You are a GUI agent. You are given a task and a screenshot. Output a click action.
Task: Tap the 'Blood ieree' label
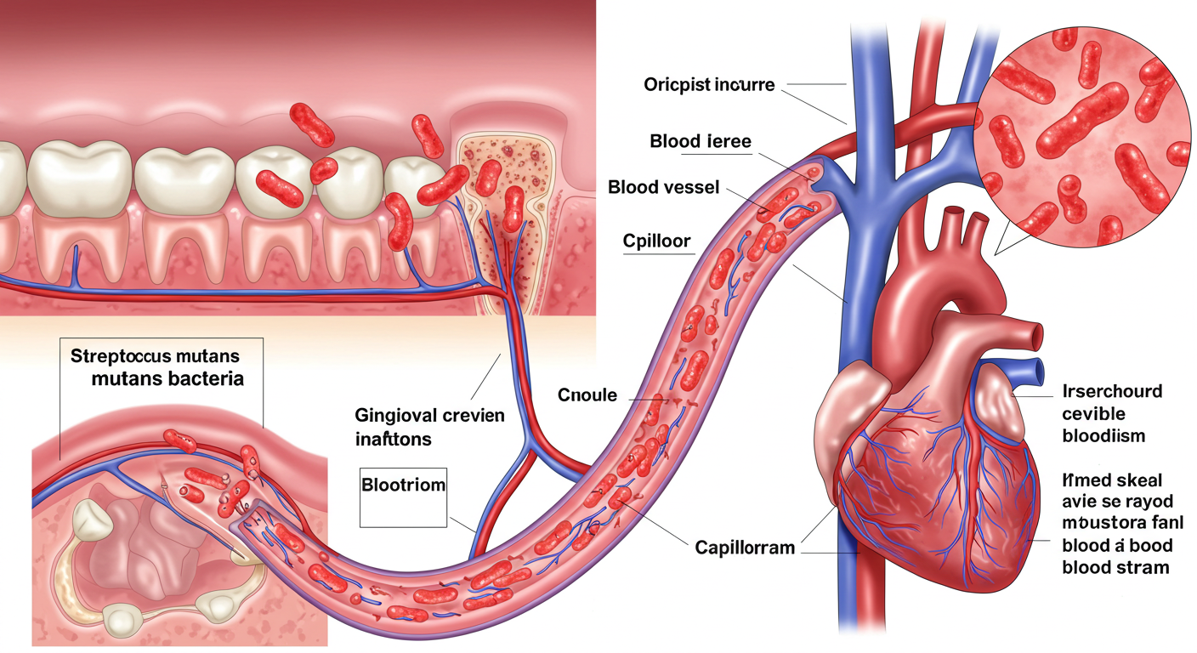point(700,141)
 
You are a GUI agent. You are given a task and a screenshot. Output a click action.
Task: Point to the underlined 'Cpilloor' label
point(657,241)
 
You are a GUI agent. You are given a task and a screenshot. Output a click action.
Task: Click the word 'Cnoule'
point(587,395)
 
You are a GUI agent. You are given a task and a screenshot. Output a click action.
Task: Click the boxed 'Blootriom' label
point(404,485)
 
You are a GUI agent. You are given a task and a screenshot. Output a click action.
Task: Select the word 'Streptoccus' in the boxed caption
point(118,355)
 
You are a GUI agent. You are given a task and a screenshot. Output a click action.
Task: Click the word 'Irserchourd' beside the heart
point(1112,392)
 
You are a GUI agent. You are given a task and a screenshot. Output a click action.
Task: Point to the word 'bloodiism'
point(1104,436)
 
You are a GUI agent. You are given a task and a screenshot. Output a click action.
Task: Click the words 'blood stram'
point(1115,567)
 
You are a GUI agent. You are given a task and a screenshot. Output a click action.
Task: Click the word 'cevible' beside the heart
point(1093,414)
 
